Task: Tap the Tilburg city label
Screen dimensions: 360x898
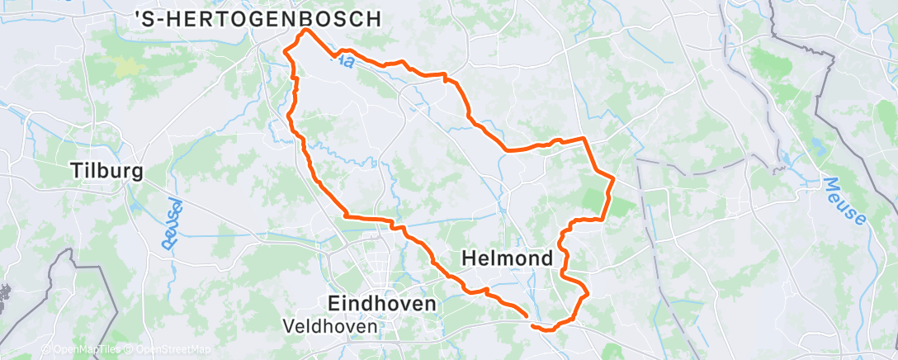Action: (107, 172)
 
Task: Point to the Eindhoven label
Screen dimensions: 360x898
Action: (382, 303)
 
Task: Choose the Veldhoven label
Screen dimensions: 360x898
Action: (330, 326)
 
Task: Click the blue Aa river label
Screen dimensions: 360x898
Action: (344, 60)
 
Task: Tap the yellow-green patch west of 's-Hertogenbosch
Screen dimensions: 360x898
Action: (126, 66)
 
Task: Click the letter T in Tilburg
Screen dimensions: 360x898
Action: (77, 172)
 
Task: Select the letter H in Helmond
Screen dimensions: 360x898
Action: (468, 258)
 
